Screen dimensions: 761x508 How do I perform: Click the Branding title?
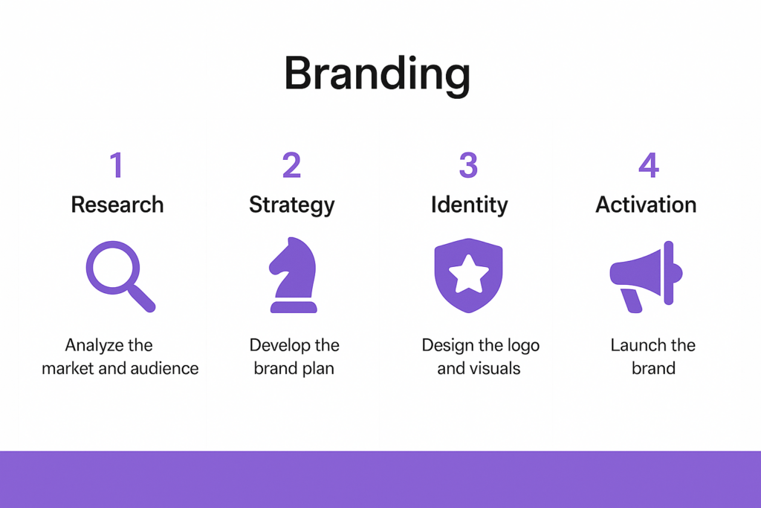click(377, 74)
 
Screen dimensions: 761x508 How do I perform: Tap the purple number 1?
click(117, 164)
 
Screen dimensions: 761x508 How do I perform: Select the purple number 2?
click(291, 164)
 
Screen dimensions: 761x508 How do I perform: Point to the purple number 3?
click(468, 164)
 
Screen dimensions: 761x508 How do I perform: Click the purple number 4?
click(648, 164)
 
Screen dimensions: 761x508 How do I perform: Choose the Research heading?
click(117, 205)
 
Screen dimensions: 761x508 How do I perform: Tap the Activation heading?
click(646, 205)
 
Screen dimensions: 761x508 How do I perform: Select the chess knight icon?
click(293, 275)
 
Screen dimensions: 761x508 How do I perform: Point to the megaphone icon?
click(646, 277)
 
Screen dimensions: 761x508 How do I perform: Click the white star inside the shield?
click(468, 275)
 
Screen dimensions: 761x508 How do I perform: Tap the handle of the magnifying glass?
click(142, 298)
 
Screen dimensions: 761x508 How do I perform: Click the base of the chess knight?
click(294, 307)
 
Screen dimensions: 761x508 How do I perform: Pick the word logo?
click(522, 346)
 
